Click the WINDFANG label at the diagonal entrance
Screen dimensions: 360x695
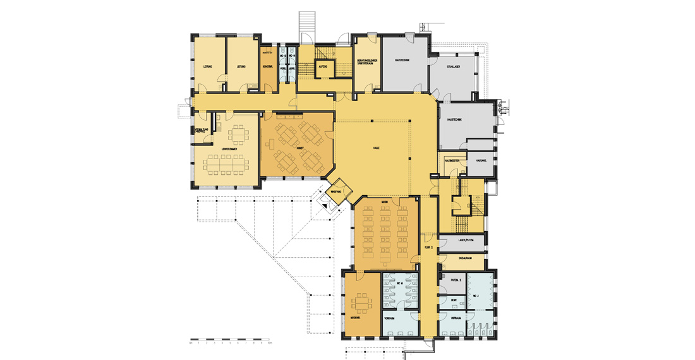click(x=335, y=191)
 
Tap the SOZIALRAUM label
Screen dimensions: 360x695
click(x=456, y=258)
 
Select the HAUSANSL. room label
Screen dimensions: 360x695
click(x=481, y=160)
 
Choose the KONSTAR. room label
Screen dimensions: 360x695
click(x=267, y=66)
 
